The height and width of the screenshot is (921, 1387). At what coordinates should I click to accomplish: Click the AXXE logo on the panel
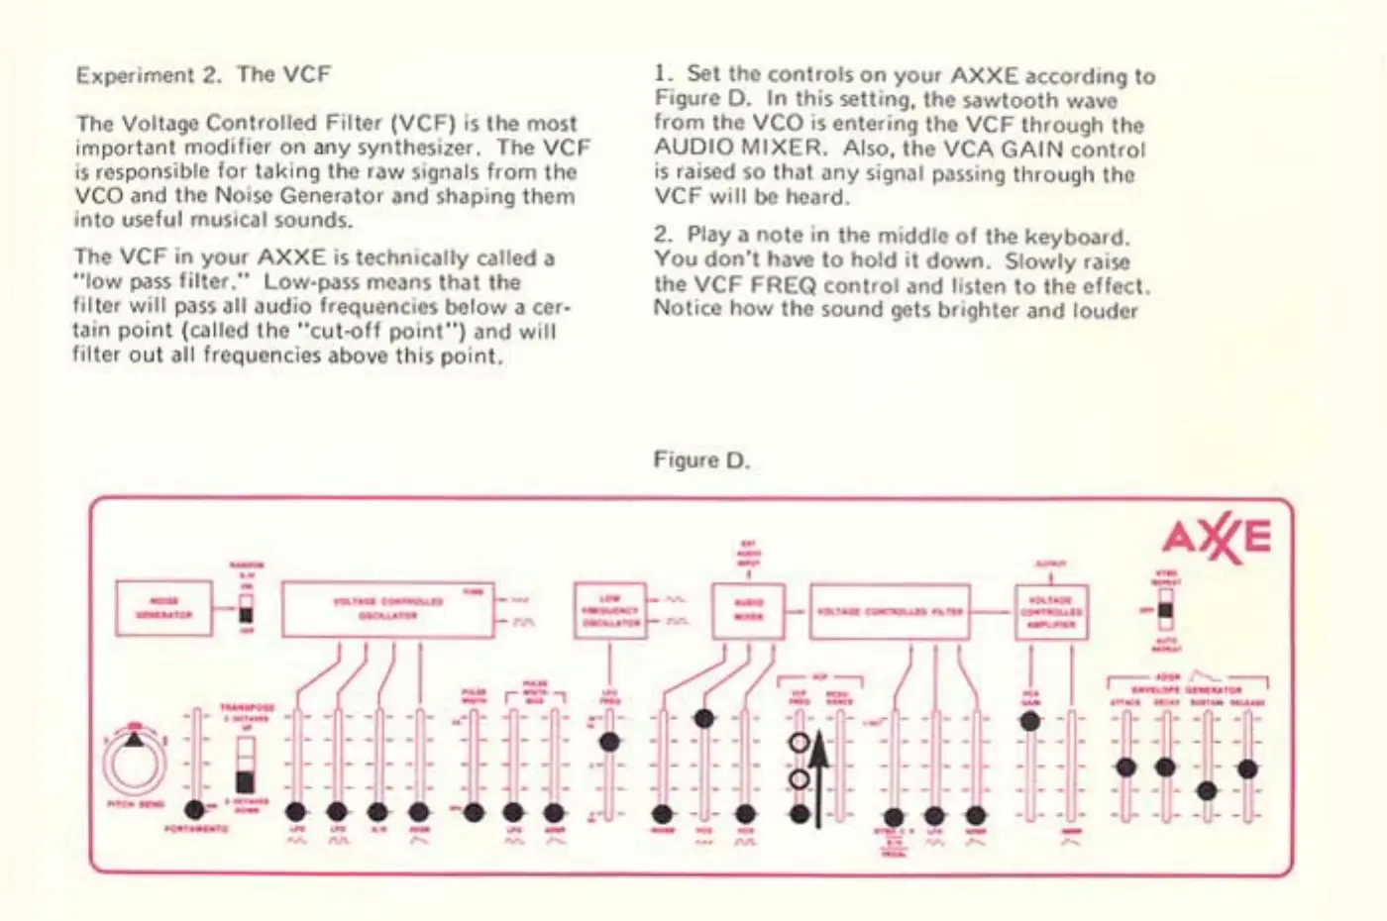(x=1216, y=538)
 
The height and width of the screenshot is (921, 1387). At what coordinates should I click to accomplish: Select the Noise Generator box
(x=163, y=608)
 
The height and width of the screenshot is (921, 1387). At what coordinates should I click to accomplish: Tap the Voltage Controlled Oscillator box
(x=387, y=609)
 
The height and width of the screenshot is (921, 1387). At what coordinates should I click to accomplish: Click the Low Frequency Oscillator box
(x=609, y=610)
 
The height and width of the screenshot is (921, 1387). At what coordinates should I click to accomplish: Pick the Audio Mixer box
(x=748, y=610)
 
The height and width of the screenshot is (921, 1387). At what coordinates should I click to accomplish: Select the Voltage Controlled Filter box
(x=889, y=611)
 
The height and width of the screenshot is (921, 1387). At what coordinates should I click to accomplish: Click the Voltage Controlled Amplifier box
(x=1050, y=611)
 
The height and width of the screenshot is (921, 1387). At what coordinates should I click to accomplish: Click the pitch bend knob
(x=135, y=763)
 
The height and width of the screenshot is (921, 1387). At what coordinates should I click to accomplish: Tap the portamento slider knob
(x=195, y=809)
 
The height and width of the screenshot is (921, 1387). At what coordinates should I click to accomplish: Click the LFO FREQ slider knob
(x=609, y=742)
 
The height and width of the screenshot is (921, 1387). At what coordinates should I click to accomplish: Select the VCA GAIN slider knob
(x=1030, y=721)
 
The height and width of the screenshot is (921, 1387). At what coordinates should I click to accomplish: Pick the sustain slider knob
(x=1206, y=791)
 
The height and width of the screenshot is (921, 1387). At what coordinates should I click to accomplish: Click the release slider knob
(x=1247, y=768)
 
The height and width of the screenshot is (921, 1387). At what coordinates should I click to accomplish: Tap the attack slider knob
(x=1125, y=767)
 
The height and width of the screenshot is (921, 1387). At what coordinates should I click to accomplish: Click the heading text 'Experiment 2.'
(x=150, y=75)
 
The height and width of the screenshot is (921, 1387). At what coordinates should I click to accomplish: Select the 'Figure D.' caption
(x=701, y=460)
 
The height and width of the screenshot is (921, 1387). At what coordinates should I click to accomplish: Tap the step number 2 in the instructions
(x=662, y=235)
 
